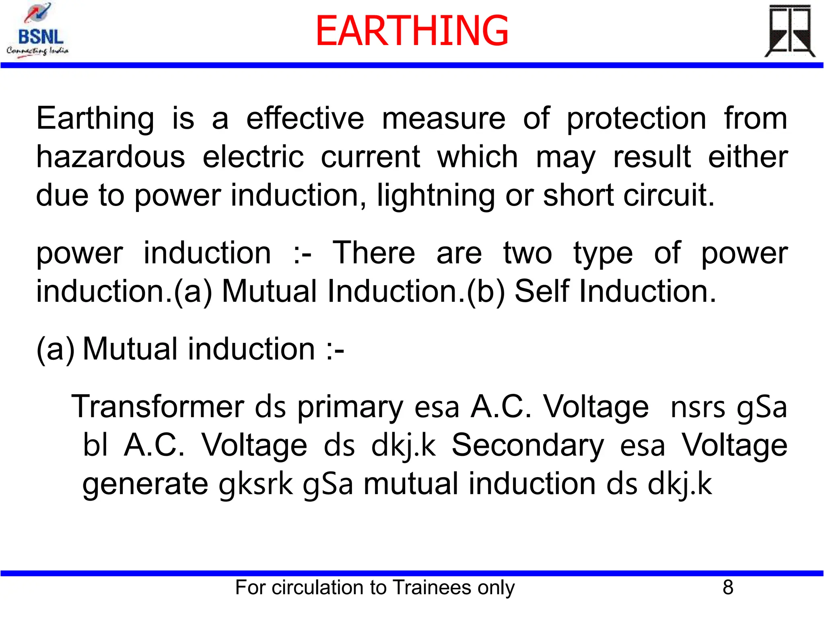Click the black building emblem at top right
(x=789, y=31)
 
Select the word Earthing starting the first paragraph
(x=95, y=119)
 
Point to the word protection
(x=636, y=119)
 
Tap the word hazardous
(x=111, y=157)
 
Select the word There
(x=373, y=253)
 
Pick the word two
(x=527, y=253)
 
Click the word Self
(x=542, y=291)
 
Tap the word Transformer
(x=158, y=407)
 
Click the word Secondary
(x=527, y=445)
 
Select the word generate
(x=145, y=484)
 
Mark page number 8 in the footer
(x=728, y=587)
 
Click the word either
(x=748, y=157)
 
